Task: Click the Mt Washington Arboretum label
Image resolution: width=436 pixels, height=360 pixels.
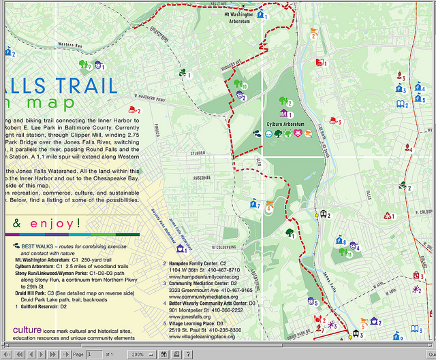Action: (238, 18)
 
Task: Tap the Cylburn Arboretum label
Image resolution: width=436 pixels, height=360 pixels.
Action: (284, 124)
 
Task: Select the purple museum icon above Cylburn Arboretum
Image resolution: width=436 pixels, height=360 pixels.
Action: (283, 113)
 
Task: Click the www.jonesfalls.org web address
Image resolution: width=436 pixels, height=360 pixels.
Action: (189, 316)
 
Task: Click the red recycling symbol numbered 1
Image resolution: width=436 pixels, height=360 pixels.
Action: (388, 216)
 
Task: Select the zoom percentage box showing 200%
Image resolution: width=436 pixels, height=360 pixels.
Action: (140, 355)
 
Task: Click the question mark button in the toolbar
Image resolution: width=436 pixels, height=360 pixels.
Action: (188, 355)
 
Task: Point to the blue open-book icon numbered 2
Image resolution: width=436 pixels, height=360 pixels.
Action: (401, 104)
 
